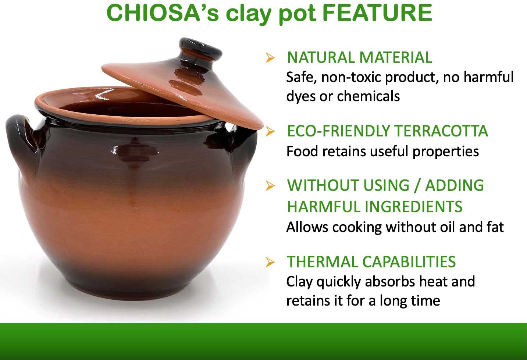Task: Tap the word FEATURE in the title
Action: pos(377,13)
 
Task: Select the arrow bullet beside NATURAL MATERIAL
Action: pos(270,58)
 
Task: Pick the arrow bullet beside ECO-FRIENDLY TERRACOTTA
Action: pos(270,131)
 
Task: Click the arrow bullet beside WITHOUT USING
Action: pos(270,186)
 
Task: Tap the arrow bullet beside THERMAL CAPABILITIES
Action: pos(270,262)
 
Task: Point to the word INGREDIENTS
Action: pos(414,207)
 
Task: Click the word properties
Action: pos(446,152)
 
